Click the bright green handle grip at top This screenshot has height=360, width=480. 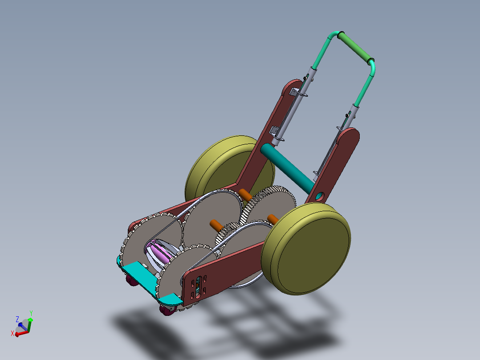[x=355, y=47]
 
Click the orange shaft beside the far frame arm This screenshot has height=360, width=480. [x=244, y=194]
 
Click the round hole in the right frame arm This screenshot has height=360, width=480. [x=320, y=196]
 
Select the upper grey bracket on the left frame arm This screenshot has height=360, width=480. [x=295, y=92]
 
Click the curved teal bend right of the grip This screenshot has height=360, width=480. [x=372, y=67]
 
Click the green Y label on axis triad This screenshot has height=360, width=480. [x=31, y=313]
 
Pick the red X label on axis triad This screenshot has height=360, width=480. [x=12, y=333]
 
